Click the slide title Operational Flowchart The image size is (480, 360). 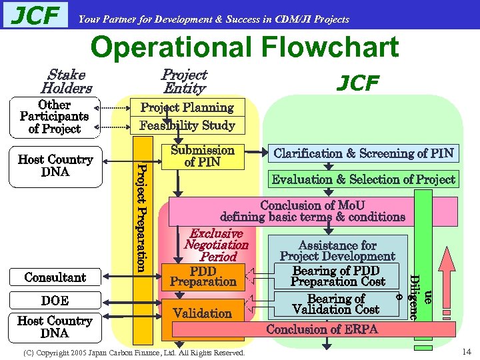(x=244, y=47)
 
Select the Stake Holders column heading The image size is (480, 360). (x=66, y=81)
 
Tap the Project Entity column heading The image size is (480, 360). (x=185, y=81)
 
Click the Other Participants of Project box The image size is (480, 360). (x=54, y=117)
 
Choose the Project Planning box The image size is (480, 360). (x=187, y=107)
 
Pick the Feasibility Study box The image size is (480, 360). (x=187, y=125)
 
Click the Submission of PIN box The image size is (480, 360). (x=202, y=156)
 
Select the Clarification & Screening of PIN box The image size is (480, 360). (x=364, y=153)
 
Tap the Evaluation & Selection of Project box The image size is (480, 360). (x=364, y=179)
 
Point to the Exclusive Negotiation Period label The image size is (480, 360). (x=216, y=245)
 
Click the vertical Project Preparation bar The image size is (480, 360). (x=141, y=207)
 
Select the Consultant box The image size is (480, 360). (x=55, y=277)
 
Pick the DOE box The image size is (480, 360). (x=55, y=301)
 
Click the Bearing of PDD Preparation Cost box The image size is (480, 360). (x=337, y=276)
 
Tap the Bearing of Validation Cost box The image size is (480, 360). (x=336, y=304)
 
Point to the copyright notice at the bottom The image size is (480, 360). (x=134, y=352)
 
